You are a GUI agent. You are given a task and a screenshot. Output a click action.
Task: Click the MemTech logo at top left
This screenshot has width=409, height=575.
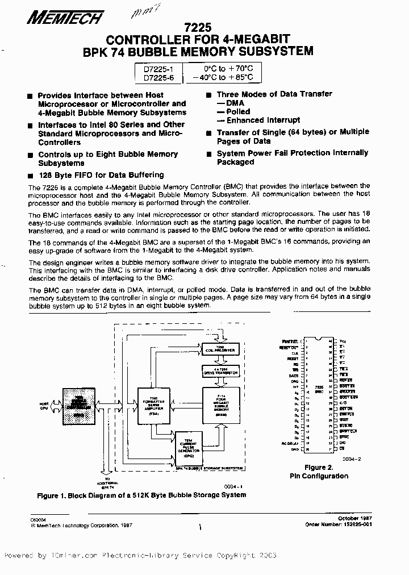(x=64, y=18)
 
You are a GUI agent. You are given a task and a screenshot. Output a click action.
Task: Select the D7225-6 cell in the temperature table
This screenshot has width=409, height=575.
(x=158, y=77)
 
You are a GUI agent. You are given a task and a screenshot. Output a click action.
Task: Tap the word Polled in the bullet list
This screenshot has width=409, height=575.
(x=238, y=111)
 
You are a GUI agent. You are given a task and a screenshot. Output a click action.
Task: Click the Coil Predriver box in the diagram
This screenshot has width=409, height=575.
(x=216, y=347)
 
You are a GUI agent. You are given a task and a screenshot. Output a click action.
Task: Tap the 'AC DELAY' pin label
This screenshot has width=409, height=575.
(x=290, y=443)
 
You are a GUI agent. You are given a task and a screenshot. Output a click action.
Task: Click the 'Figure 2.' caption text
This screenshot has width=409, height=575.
(x=319, y=468)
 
